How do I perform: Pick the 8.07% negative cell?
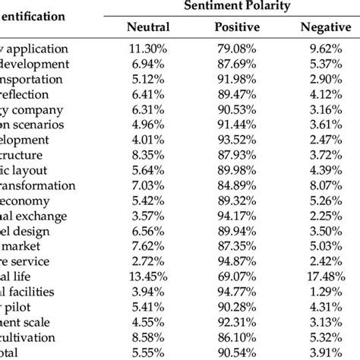323,185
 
